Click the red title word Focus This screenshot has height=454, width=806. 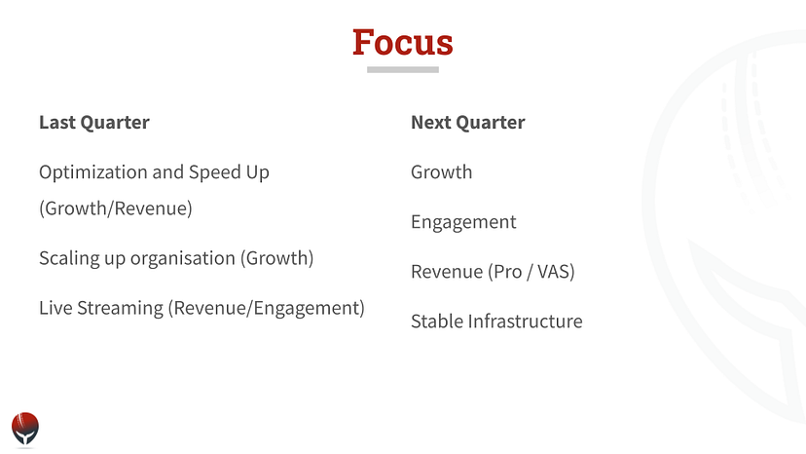pos(402,42)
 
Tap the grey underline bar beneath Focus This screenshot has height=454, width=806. pos(403,69)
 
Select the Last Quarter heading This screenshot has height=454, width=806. pos(94,123)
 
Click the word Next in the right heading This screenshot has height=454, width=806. pos(431,123)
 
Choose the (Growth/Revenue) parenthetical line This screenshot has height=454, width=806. pos(116,208)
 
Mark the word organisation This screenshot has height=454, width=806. pos(182,258)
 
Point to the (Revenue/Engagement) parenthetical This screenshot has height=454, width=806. pos(267,308)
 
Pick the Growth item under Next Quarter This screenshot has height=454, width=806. pos(442,171)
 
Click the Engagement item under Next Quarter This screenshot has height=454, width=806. pos(463,222)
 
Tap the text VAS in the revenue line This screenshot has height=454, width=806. pos(554,271)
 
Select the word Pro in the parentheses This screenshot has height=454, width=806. pos(508,272)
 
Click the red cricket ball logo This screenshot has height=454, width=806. pos(25,429)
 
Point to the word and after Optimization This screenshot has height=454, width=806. pos(168,171)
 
